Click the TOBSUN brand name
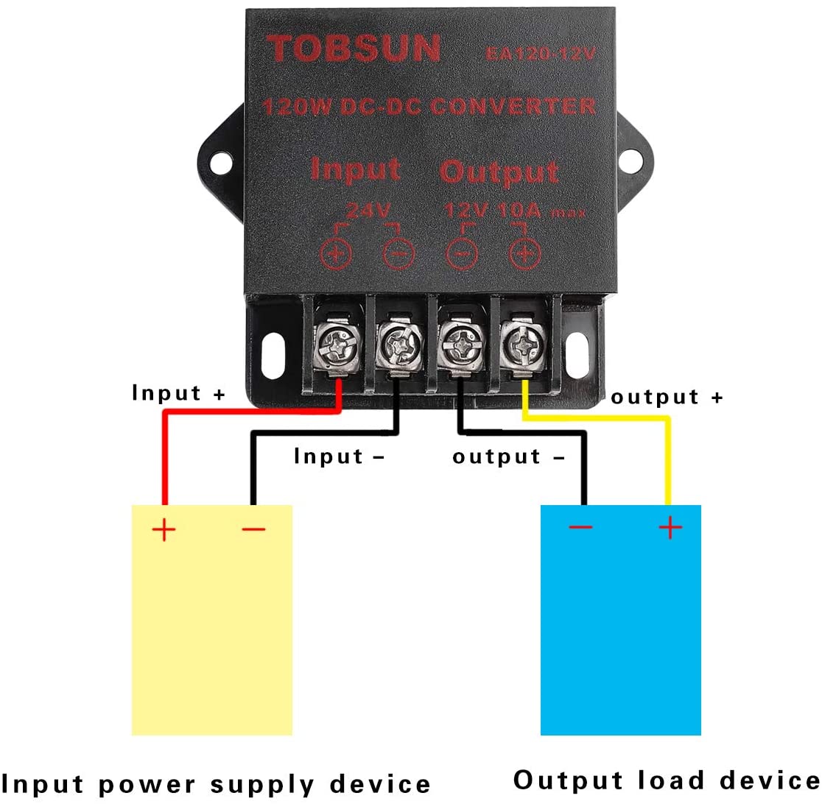click(x=354, y=49)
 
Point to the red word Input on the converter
click(x=356, y=169)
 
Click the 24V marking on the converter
click(x=368, y=211)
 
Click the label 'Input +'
click(x=178, y=393)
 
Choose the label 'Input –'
click(x=339, y=456)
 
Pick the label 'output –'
click(x=508, y=456)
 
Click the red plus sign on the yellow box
click(x=164, y=529)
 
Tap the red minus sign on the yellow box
click(x=253, y=529)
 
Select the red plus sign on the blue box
click(x=670, y=527)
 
